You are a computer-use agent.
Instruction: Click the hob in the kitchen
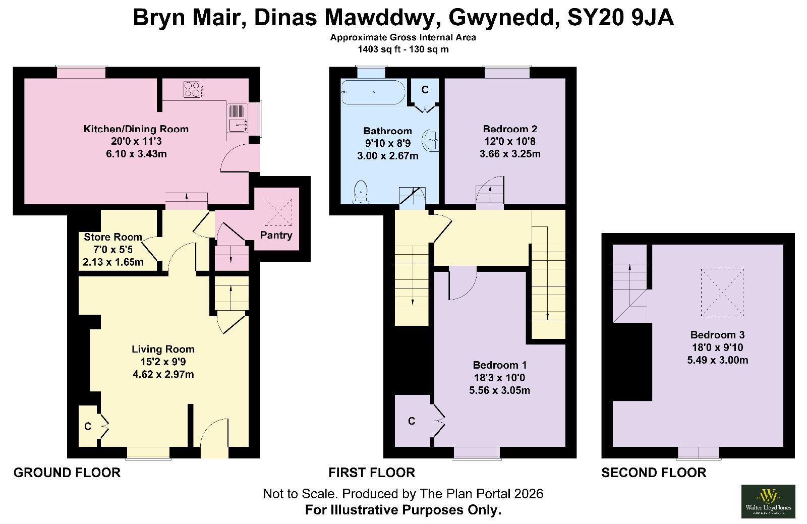194,90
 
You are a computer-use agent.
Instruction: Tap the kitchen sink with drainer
238,118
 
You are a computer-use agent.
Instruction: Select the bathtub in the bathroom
373,92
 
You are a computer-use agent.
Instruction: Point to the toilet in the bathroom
361,192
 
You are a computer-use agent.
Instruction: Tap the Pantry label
276,235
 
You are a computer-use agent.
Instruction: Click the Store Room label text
113,237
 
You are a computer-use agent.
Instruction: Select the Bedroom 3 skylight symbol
722,293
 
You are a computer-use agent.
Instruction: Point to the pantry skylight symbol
278,212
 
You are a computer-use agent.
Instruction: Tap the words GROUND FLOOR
67,473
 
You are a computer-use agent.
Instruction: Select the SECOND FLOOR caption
654,473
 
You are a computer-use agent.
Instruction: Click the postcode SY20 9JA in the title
620,17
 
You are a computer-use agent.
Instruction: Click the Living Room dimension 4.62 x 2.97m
163,375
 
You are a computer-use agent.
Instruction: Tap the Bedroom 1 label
500,365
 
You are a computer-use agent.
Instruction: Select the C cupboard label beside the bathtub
425,90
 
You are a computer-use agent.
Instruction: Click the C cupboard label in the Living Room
88,426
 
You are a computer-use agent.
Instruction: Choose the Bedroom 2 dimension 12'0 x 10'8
510,141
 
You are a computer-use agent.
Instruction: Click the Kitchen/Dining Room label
136,129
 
